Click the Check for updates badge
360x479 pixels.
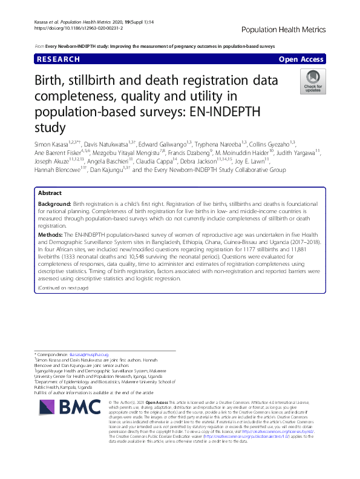coord(313,81)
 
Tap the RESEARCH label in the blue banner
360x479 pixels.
coord(58,59)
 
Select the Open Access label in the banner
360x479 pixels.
coord(301,59)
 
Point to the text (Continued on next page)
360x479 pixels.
coord(64,288)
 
